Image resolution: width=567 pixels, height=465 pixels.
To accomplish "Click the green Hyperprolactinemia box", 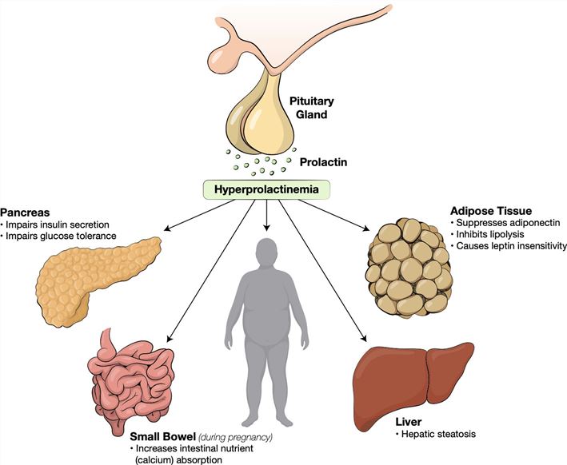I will tap(264, 189).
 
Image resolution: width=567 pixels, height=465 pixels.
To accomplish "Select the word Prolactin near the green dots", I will tap(324, 162).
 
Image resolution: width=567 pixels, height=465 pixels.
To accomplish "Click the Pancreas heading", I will tap(25, 214).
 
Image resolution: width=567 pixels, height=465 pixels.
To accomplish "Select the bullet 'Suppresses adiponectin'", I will tap(504, 223).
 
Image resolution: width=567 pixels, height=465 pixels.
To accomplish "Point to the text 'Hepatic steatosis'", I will tap(437, 433).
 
